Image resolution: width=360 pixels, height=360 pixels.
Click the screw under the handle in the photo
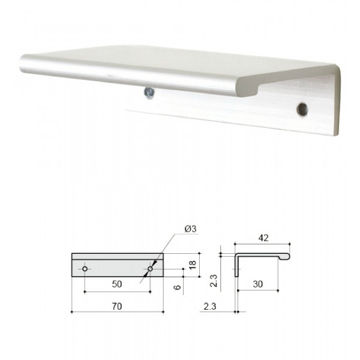pyautogui.click(x=149, y=93)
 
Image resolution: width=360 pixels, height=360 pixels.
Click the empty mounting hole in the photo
pyautogui.click(x=302, y=109)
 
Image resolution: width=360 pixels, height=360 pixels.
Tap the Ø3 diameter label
pyautogui.click(x=190, y=229)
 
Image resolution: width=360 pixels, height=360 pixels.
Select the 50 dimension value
pyautogui.click(x=117, y=284)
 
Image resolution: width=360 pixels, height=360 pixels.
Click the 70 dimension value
pyautogui.click(x=117, y=306)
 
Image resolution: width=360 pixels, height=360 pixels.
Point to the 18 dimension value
pyautogui.click(x=193, y=265)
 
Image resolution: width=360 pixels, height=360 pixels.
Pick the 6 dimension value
pyautogui.click(x=177, y=287)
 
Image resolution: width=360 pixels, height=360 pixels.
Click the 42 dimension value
pyautogui.click(x=263, y=238)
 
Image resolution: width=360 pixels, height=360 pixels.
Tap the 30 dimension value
pyautogui.click(x=258, y=284)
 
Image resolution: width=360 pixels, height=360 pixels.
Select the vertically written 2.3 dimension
pyautogui.click(x=213, y=281)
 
